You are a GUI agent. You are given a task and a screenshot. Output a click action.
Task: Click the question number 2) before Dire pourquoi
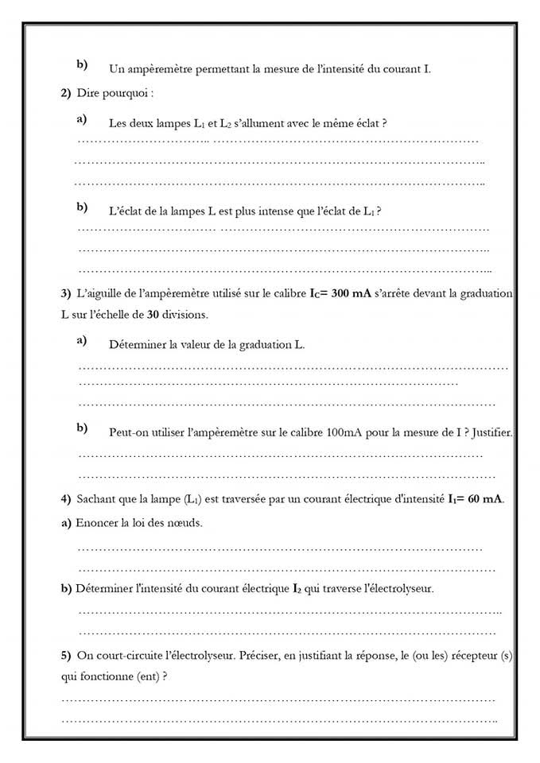pos(66,93)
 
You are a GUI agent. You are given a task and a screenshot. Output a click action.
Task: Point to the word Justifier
pos(492,432)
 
